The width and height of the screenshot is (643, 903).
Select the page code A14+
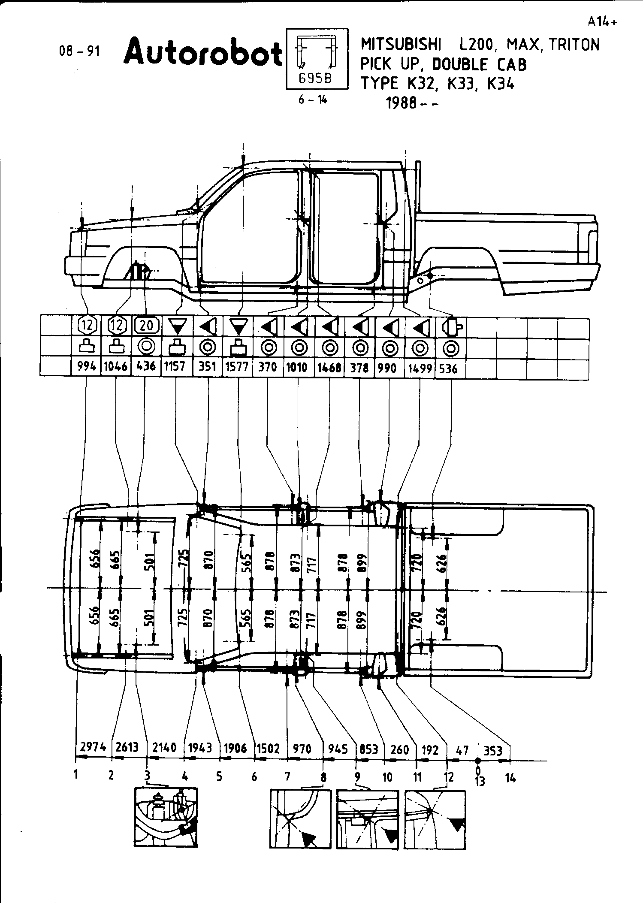[x=602, y=22]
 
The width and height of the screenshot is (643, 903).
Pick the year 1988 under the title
[x=401, y=103]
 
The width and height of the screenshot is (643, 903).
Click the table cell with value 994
[x=86, y=368]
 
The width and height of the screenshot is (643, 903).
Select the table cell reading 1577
[x=237, y=368]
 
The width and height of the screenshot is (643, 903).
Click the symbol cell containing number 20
[x=147, y=325]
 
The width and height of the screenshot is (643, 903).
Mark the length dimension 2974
[x=93, y=747]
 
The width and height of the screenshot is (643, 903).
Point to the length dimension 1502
[x=269, y=749]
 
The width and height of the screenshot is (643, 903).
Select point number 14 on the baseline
[x=510, y=777]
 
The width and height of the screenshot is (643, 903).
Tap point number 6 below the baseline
[x=254, y=776]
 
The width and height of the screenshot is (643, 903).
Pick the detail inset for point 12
[x=435, y=819]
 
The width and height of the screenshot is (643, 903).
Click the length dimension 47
[x=462, y=750]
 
